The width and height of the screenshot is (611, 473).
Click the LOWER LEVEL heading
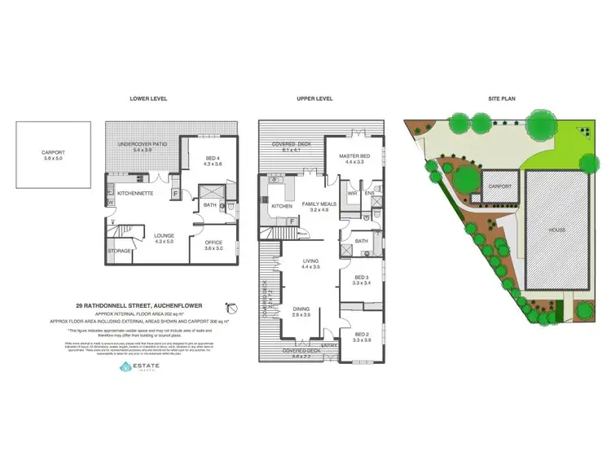[148, 99]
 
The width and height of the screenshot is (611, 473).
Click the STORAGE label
[119, 251]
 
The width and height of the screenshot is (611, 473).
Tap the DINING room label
[301, 308]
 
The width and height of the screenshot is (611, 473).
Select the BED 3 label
[361, 278]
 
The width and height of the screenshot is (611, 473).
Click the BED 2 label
[361, 335]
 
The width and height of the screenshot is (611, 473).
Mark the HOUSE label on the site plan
[556, 230]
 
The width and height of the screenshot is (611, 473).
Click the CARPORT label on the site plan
[499, 186]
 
